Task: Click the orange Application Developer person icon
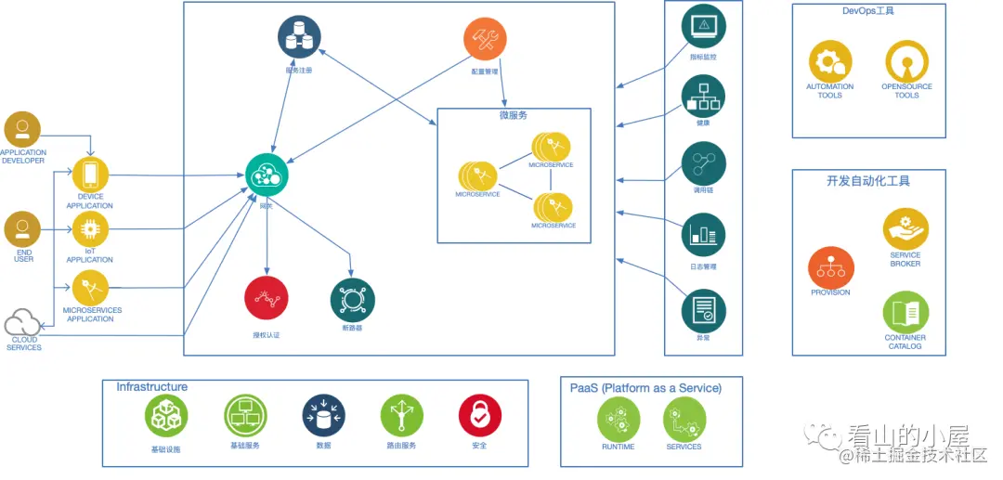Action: [22, 129]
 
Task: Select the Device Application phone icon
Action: [91, 175]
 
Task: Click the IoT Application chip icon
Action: [91, 229]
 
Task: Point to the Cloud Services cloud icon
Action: [22, 324]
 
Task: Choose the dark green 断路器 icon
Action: [353, 300]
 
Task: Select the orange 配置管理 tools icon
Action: [485, 39]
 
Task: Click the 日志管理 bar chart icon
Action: [703, 235]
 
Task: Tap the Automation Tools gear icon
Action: [829, 61]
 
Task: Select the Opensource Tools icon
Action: [906, 61]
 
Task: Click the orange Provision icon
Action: [830, 266]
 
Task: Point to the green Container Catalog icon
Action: [905, 313]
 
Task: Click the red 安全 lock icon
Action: [479, 416]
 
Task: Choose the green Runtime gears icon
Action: [619, 420]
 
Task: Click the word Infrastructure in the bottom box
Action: [152, 387]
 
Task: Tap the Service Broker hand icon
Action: [905, 228]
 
